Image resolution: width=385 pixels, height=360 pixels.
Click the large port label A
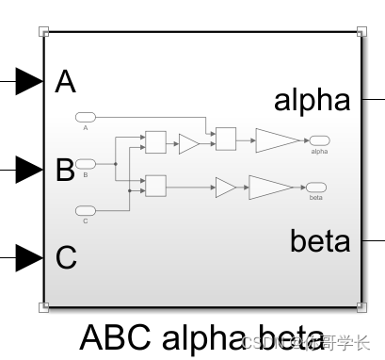[x=66, y=83]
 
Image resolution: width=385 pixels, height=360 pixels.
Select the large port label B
[x=65, y=171]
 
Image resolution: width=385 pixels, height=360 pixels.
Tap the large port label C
[x=66, y=257]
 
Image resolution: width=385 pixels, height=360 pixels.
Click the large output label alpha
[x=312, y=100]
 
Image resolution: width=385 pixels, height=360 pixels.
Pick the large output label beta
[x=319, y=241]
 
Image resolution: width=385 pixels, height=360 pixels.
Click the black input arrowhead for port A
[x=29, y=83]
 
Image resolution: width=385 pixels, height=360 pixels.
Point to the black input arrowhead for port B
[x=29, y=171]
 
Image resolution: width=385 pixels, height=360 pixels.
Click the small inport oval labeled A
[x=86, y=117]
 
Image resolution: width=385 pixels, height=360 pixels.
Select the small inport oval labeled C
[x=86, y=209]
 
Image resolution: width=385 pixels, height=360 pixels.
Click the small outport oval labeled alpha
[x=318, y=140]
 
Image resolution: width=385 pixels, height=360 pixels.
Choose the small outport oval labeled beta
[x=315, y=188]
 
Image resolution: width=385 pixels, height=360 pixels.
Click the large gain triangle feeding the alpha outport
[x=275, y=140]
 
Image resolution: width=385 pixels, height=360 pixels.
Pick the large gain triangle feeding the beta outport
[x=268, y=187]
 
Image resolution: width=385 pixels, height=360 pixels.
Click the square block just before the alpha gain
[x=225, y=139]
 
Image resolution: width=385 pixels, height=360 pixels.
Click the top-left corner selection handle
[x=43, y=31]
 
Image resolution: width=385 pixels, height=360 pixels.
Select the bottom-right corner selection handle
[x=362, y=306]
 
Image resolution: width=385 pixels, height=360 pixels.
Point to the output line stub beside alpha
[x=373, y=98]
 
